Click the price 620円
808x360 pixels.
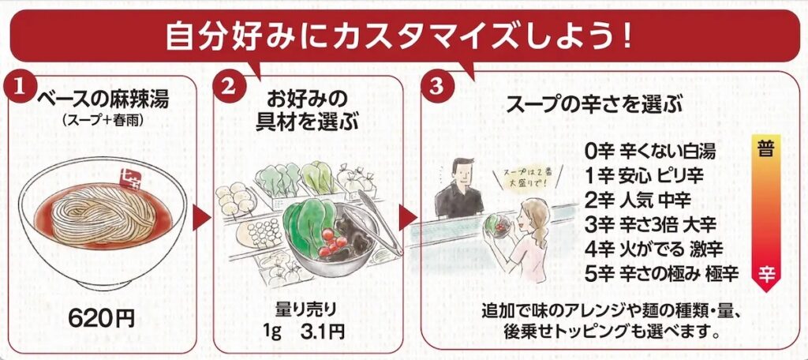101,319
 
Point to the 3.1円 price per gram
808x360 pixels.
322,332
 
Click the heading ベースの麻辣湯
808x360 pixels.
103,99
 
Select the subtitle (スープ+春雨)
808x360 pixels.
103,120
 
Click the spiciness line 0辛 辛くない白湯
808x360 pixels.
650,152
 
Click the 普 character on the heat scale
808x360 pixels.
767,151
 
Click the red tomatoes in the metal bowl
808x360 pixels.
332,242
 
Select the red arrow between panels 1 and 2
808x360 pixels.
201,219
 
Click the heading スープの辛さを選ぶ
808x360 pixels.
595,107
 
